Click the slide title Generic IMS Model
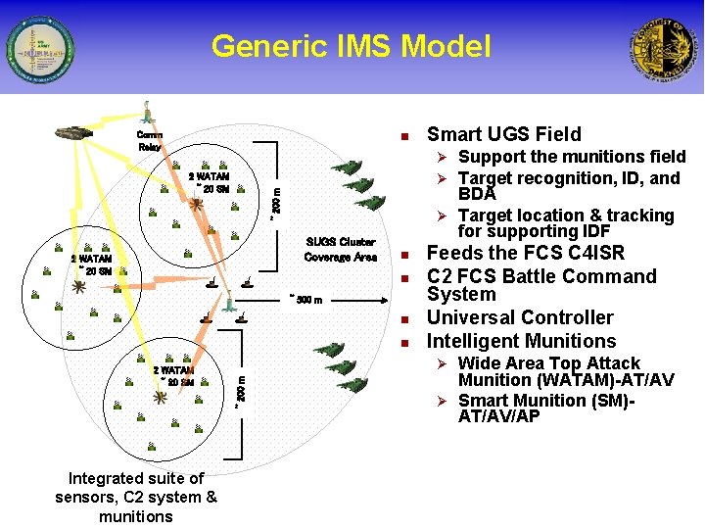[x=351, y=46]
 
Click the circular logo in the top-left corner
[x=39, y=49]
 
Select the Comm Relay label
[x=150, y=140]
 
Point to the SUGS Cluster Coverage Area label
[x=340, y=249]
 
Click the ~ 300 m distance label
[x=305, y=299]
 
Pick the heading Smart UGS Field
[x=503, y=134]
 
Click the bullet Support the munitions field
[x=572, y=157]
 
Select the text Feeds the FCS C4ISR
[x=526, y=253]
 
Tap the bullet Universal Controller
[x=520, y=317]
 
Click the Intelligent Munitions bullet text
[x=521, y=341]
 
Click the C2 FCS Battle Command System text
[x=541, y=284]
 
